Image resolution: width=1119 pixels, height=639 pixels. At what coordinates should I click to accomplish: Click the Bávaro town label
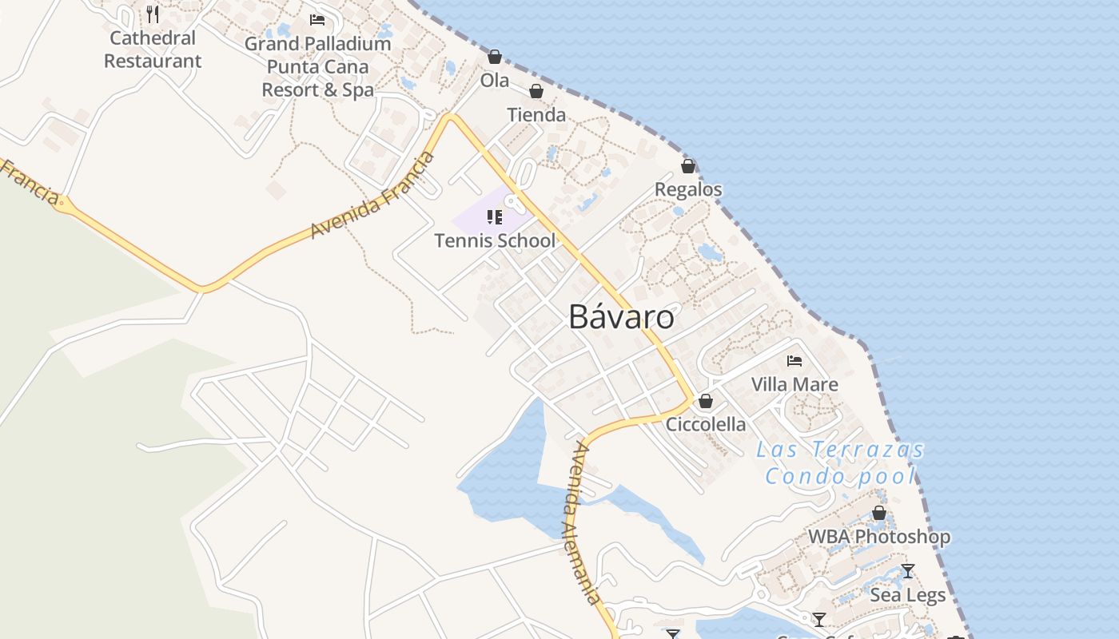(x=621, y=317)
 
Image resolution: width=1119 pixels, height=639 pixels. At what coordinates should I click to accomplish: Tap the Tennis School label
(x=495, y=240)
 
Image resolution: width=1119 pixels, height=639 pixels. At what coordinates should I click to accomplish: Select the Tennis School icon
(x=495, y=216)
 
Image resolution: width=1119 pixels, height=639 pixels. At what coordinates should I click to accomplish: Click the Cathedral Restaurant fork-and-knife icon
(x=153, y=14)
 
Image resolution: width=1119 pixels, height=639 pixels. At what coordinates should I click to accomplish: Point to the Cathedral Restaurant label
(x=153, y=50)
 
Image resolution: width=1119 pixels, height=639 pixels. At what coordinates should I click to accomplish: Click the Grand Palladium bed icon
(x=317, y=20)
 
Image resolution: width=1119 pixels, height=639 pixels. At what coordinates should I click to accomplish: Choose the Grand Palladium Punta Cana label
(x=318, y=67)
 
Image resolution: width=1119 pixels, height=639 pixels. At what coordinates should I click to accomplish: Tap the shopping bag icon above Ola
(x=495, y=57)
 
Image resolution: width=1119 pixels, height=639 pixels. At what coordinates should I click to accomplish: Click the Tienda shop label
(x=536, y=115)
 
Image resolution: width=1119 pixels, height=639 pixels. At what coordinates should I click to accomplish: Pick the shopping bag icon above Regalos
(x=688, y=166)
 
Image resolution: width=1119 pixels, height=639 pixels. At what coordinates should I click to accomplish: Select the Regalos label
(x=688, y=189)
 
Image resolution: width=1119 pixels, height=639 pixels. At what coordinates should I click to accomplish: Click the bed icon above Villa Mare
(x=794, y=361)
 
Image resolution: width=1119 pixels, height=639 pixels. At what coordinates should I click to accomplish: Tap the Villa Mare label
(x=794, y=384)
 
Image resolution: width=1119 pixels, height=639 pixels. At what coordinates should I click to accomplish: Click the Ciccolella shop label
(x=706, y=424)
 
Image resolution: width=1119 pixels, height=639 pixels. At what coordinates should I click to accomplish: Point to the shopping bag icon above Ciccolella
(x=706, y=401)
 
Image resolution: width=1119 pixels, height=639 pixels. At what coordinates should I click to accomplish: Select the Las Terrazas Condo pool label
(x=840, y=463)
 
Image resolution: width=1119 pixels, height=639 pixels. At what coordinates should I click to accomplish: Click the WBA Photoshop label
(x=879, y=537)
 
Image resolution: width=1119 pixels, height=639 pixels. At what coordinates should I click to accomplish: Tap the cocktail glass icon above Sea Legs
(x=907, y=571)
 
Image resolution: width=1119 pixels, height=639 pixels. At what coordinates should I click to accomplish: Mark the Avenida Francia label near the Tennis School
(x=373, y=194)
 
